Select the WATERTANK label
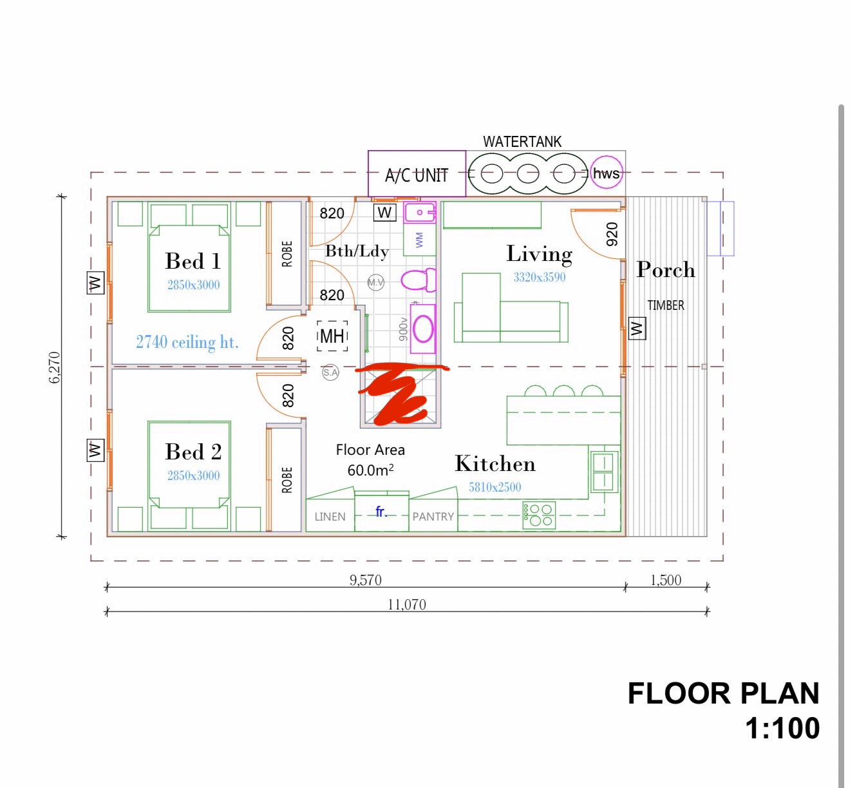(x=522, y=142)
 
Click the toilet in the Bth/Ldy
(x=418, y=280)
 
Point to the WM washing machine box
(x=419, y=240)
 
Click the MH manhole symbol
(x=332, y=336)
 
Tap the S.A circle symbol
(x=330, y=372)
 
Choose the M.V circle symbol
(x=376, y=282)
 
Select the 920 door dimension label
(x=612, y=234)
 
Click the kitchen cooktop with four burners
(x=539, y=515)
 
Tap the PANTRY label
(x=433, y=517)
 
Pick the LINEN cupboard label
(x=330, y=517)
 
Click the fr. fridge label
(x=381, y=512)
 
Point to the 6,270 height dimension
(x=55, y=367)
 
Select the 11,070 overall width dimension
(x=406, y=604)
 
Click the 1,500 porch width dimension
(x=666, y=580)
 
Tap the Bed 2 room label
(x=193, y=452)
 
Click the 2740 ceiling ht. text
(x=187, y=342)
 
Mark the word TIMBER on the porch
(x=666, y=305)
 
